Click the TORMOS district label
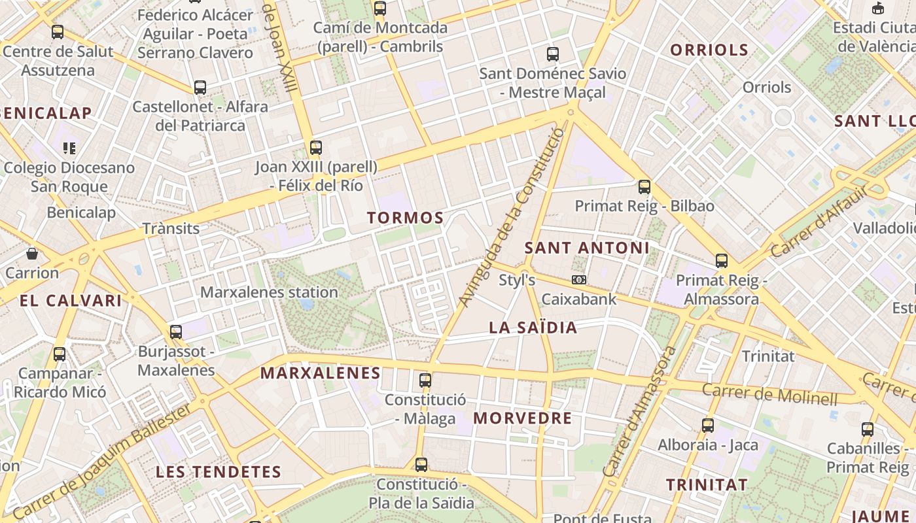pos(405,218)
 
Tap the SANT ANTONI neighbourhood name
pos(587,248)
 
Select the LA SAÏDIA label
pos(533,328)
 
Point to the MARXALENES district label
pos(320,373)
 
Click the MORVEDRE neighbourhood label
pos(522,418)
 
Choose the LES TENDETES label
pos(218,471)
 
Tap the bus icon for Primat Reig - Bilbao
pos(644,187)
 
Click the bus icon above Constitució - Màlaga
pos(425,380)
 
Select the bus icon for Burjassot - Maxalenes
pos(176,331)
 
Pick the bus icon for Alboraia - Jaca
pos(707,426)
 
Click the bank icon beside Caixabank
pos(578,280)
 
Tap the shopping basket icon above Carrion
pos(31,253)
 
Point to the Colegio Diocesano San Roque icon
pos(69,148)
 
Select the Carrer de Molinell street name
pos(769,394)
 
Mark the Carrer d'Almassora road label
pos(640,412)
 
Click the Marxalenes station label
pos(269,292)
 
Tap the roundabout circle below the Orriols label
pos(783,118)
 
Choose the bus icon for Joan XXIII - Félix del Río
pos(316,147)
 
